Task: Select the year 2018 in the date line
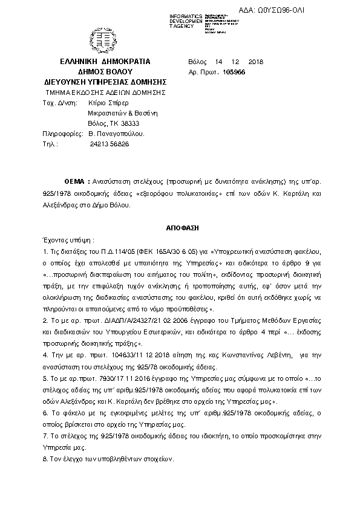(x=256, y=62)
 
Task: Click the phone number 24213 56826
(x=109, y=144)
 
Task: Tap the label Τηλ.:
(x=50, y=144)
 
